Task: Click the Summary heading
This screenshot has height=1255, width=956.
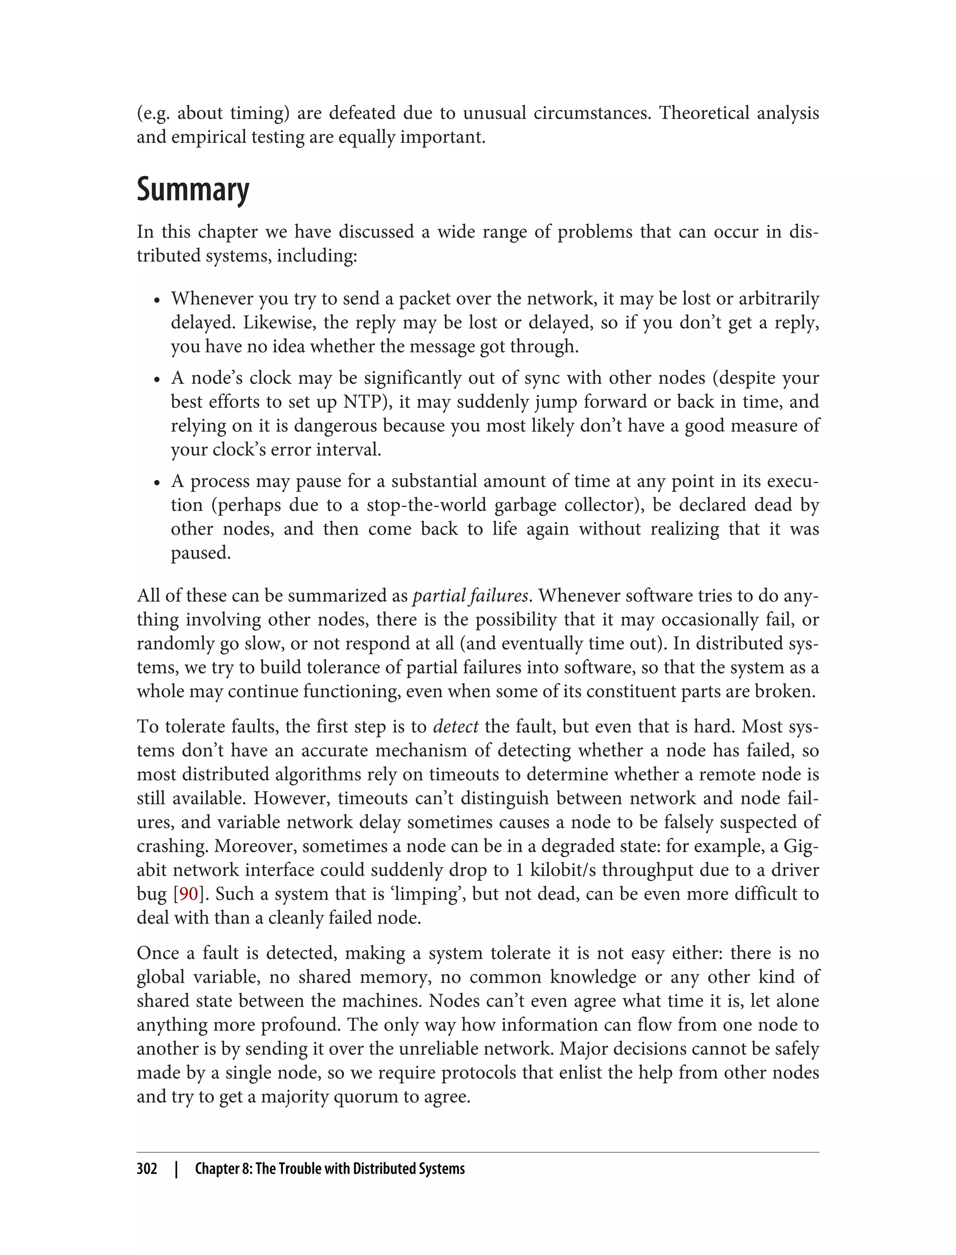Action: pos(192,190)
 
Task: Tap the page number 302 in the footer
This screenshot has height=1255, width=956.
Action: pos(147,1169)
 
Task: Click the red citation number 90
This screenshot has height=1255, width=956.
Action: pos(189,894)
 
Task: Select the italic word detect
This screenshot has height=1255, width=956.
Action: pos(455,726)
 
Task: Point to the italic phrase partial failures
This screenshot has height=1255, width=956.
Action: pos(470,595)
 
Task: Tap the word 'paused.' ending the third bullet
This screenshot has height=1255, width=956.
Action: pos(201,553)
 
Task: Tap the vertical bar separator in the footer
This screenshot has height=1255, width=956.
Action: pos(176,1169)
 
